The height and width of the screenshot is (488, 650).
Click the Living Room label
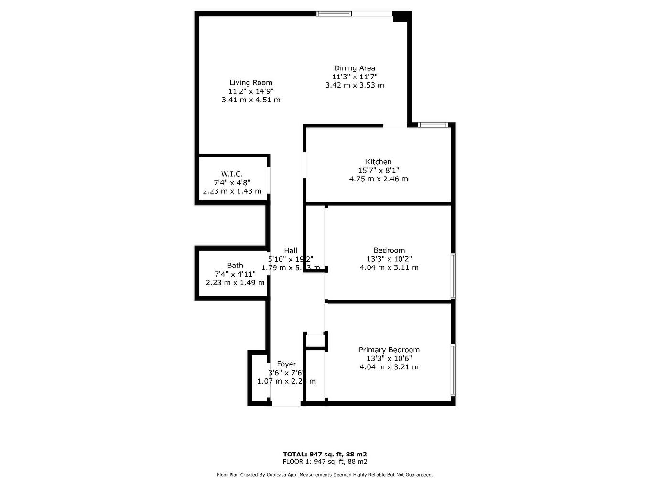[x=251, y=83]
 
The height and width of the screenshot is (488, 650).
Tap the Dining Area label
[x=355, y=68]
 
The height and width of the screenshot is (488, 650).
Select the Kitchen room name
[x=379, y=162]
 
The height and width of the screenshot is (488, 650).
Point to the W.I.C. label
[x=232, y=174]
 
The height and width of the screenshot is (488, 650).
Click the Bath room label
[x=235, y=266]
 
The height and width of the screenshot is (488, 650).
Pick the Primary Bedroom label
[x=389, y=350]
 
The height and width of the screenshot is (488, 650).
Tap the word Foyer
[x=286, y=365]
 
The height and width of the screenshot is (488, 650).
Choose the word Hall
[x=291, y=251]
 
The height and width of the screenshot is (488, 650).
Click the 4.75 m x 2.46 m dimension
[x=379, y=179]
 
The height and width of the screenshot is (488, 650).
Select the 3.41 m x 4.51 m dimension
[x=251, y=100]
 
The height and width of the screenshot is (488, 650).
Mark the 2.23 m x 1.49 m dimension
[x=235, y=283]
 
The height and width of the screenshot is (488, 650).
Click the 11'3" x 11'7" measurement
[x=355, y=77]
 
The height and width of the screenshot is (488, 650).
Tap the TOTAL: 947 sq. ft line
[x=325, y=455]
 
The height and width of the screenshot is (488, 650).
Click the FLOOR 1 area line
[x=325, y=462]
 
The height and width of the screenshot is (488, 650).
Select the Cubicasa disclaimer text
[x=325, y=475]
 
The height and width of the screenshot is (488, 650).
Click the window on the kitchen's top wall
[x=433, y=125]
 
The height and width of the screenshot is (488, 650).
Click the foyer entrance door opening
[x=286, y=405]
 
